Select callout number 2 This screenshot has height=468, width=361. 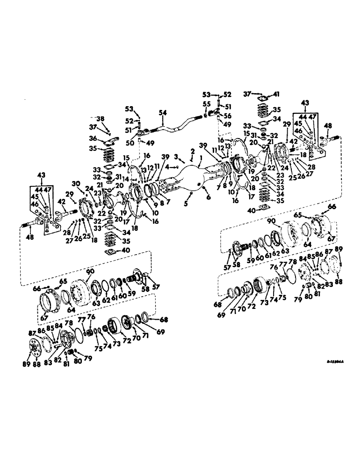tap(192, 151)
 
